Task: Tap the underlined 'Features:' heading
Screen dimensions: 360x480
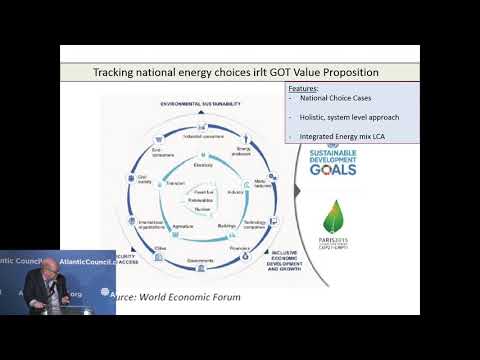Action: [x=304, y=88]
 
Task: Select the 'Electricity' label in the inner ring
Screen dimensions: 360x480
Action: [x=204, y=165]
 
